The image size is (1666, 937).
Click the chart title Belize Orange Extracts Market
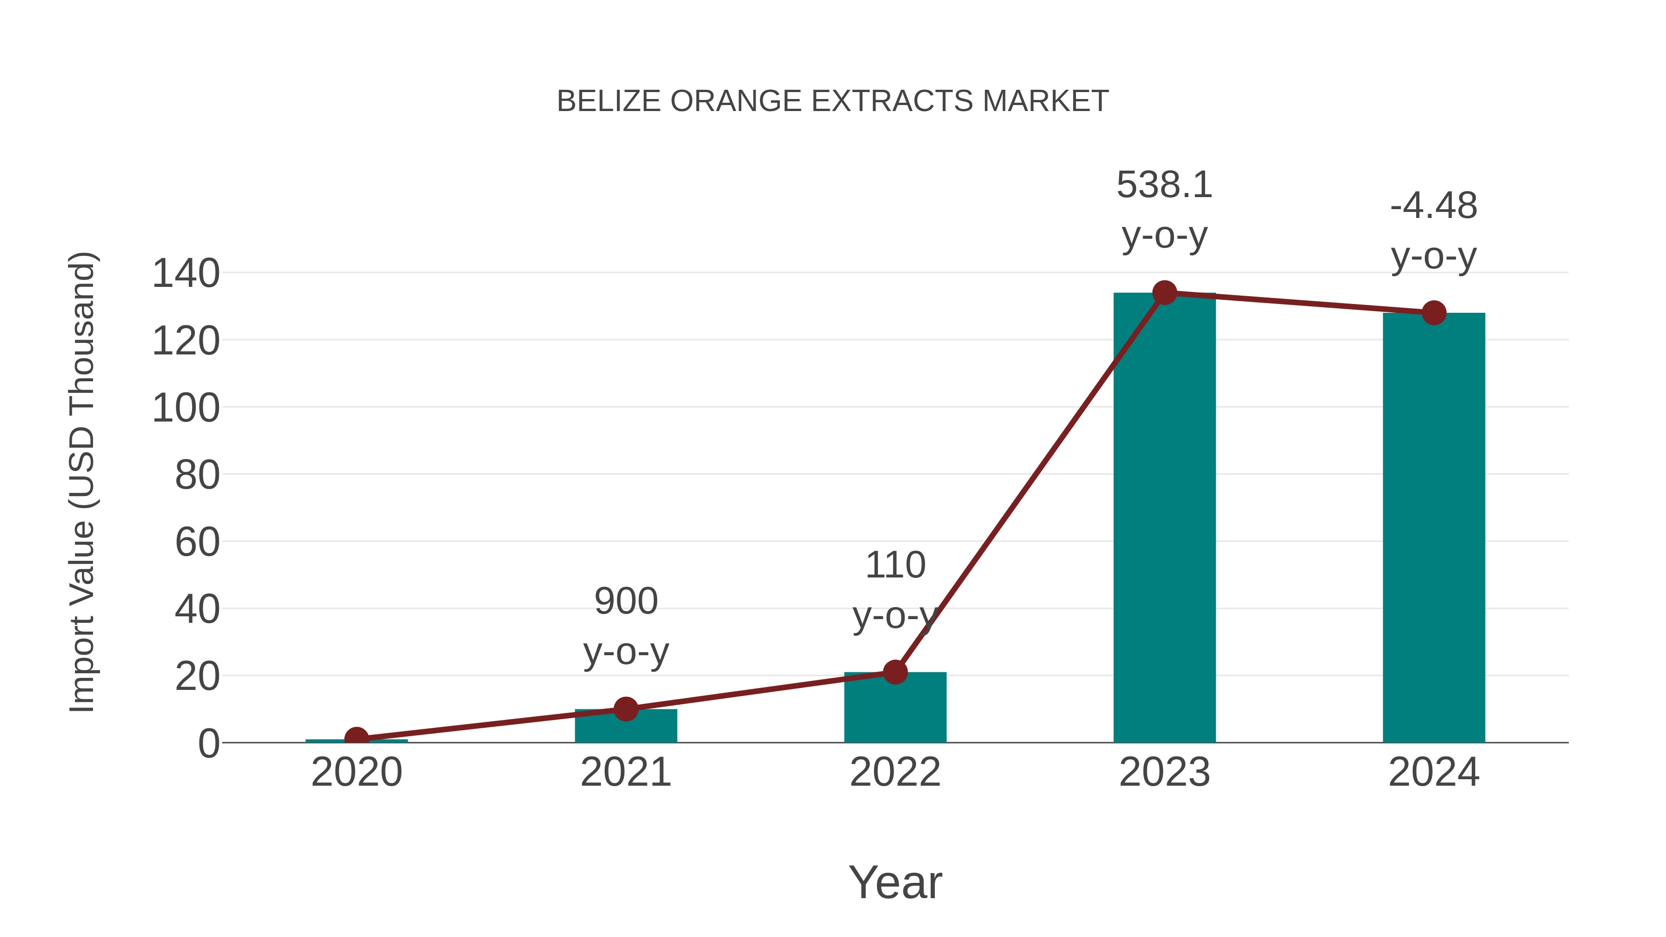pos(833,101)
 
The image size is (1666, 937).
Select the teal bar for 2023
pos(1164,517)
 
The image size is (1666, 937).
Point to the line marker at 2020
pos(356,738)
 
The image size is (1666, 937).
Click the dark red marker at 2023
pos(1164,293)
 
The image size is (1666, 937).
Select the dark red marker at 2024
pos(1434,313)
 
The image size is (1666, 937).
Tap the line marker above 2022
pos(895,672)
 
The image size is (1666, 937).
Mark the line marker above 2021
pos(625,709)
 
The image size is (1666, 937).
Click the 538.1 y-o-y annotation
pos(1164,210)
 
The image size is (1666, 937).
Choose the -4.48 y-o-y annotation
pos(1434,231)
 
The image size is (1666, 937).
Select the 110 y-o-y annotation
pos(895,590)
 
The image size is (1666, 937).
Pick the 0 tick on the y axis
pos(208,743)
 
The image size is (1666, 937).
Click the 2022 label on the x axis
pos(895,772)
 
